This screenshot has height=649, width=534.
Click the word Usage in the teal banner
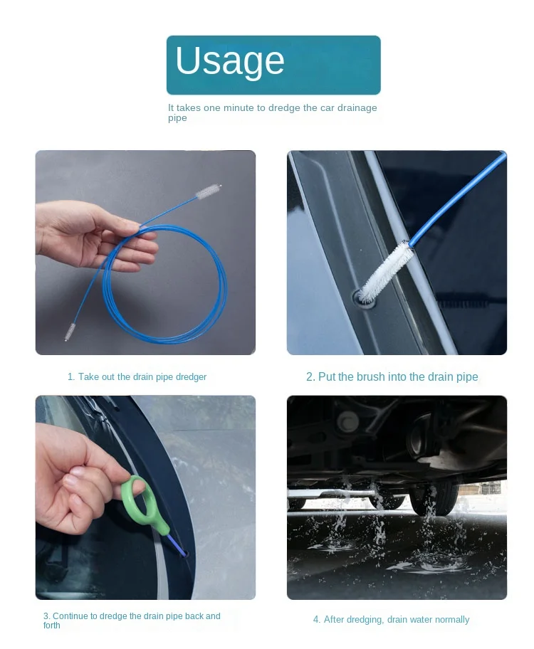229,61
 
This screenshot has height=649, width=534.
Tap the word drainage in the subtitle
357,108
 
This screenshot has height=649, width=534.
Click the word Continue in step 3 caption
70,616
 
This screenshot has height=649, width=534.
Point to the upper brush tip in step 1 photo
209,191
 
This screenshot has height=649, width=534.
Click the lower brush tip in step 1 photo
70,332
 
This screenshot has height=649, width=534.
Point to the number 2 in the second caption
309,377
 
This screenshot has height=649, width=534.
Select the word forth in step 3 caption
52,626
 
